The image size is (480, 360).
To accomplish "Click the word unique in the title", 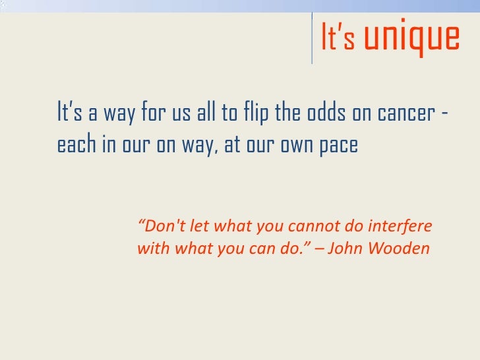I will pyautogui.click(x=412, y=38).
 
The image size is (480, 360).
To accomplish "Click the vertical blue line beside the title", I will pyautogui.click(x=312, y=38).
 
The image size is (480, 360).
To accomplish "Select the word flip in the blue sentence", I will pyautogui.click(x=255, y=113).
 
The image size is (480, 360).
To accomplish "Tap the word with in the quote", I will pyautogui.click(x=152, y=249).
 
